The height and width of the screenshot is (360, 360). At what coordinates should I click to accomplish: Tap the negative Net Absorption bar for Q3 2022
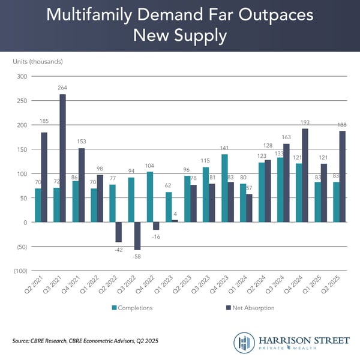[x=137, y=236]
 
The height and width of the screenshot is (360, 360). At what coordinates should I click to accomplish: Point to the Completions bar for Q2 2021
[x=38, y=205]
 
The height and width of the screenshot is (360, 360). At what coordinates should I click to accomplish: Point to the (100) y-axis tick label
[x=19, y=271]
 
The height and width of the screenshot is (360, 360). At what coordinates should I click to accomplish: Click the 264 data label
[x=62, y=88]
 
